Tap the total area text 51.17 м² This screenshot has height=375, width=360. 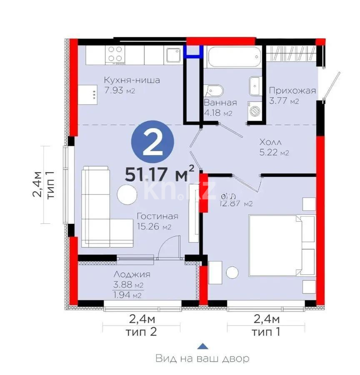pos(160,173)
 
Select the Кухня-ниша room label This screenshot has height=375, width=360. pos(132,80)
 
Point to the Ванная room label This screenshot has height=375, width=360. pos(220,103)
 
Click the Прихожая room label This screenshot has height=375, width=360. pos(292,90)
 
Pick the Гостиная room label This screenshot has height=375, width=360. pos(157,216)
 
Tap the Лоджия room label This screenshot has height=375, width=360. pos(131,275)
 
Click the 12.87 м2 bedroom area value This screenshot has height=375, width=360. pos(236,204)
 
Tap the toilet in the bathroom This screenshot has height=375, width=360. pos(214,90)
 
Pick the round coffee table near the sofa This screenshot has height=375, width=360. pos(127,195)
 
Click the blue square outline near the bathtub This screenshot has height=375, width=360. pos(194,50)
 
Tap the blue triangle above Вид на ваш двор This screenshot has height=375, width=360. pos(202,345)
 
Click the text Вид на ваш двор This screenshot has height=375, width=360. pos(202,358)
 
